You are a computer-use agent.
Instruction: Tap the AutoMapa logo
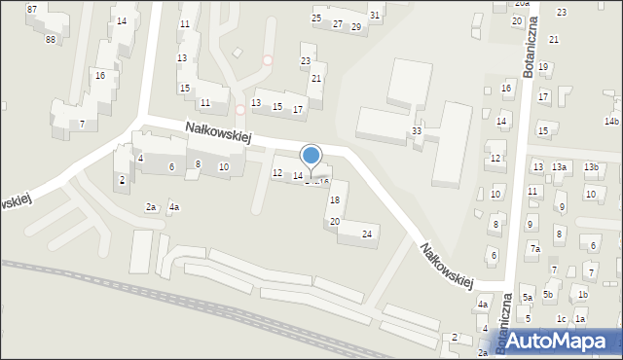556,340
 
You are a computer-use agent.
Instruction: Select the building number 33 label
417,130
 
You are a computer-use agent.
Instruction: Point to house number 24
367,234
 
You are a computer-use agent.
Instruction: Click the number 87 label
32,9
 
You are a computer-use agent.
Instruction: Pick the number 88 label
50,39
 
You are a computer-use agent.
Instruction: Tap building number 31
375,15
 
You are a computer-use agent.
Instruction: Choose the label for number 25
316,18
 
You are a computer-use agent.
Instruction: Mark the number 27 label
337,23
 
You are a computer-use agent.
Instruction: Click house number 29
356,27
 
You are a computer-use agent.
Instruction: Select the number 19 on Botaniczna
543,66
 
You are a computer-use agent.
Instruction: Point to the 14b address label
611,122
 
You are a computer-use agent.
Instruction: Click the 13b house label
591,167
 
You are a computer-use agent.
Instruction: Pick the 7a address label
534,249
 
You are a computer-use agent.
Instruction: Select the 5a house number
527,297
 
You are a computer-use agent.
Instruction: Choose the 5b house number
549,295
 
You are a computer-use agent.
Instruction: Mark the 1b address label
582,295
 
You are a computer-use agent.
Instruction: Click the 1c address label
561,319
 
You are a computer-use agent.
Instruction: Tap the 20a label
522,4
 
